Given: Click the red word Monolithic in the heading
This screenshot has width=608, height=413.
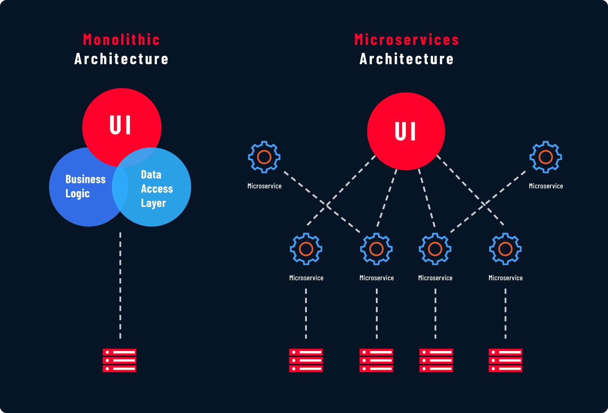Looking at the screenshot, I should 121,40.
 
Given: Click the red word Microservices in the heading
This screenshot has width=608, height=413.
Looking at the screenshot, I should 406,40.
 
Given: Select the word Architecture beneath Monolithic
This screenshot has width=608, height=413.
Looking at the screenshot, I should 121,59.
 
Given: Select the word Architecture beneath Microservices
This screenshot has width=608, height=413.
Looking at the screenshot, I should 406,59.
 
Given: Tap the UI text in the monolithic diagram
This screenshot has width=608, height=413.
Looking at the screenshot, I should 121,125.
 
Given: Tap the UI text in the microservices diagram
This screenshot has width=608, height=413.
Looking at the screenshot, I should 406,131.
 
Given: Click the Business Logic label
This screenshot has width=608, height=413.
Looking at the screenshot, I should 85,186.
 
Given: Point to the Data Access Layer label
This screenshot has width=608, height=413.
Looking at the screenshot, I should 156,189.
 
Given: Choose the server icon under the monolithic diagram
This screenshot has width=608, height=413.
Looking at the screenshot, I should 119,360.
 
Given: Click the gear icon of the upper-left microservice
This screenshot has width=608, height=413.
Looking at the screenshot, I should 264,157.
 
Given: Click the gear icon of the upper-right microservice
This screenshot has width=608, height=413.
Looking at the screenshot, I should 545,157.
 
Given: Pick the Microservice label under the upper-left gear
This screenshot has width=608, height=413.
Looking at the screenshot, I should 264,186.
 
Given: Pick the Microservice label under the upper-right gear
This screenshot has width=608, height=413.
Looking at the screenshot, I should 546,186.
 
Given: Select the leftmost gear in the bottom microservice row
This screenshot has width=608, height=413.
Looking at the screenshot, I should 306,249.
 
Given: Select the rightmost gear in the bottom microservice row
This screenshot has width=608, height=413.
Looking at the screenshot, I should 505,249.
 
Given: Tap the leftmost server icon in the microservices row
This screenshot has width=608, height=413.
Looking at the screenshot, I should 306,360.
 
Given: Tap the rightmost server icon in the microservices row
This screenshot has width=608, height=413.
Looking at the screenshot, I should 505,360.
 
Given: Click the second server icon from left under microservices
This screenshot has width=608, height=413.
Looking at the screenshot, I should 376,360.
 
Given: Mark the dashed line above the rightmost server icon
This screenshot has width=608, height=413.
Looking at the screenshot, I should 505,313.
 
